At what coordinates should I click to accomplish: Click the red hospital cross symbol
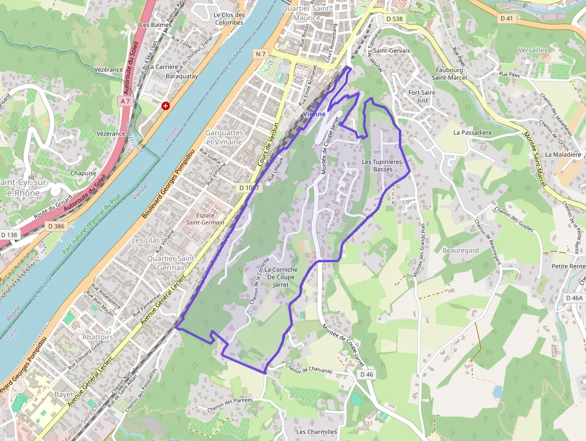click(x=165, y=106)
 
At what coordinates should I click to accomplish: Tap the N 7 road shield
click(x=260, y=54)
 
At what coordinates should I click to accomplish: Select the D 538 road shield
click(x=395, y=19)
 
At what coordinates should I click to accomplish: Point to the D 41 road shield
click(x=506, y=19)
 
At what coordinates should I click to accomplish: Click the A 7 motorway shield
click(x=125, y=102)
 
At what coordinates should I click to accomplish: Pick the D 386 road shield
click(x=56, y=226)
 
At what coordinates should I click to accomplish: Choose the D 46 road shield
click(x=367, y=375)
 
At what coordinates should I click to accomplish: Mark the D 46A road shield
click(x=573, y=297)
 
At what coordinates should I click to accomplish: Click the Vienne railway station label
click(x=315, y=114)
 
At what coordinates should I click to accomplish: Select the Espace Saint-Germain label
click(x=205, y=218)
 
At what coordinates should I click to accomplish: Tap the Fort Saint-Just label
click(x=422, y=96)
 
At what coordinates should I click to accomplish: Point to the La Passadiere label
click(x=472, y=132)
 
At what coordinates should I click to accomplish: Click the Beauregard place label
click(x=460, y=250)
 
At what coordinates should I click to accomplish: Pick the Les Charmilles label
click(x=317, y=431)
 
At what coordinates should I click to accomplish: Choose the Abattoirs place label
click(x=97, y=337)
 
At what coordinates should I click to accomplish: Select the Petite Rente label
click(x=568, y=266)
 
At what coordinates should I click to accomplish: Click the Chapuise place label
click(x=83, y=173)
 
